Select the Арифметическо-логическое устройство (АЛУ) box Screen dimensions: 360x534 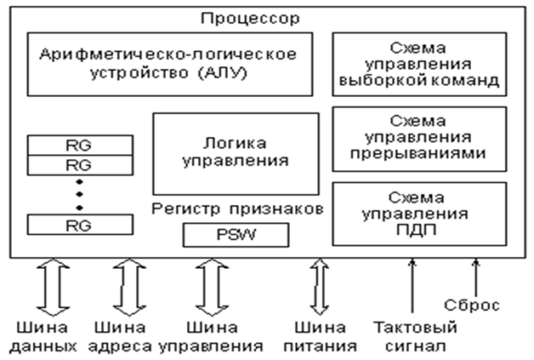coord(168,64)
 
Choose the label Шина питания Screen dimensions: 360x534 coord(322,337)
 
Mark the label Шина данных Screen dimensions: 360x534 coord(43,337)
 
